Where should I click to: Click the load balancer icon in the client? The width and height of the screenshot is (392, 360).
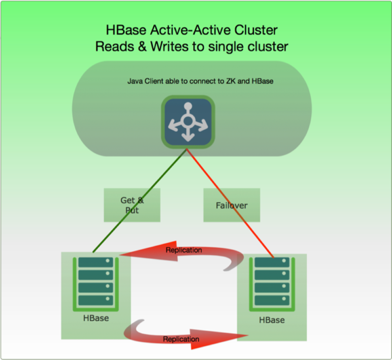pyautogui.click(x=188, y=122)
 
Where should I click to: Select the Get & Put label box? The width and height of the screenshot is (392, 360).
pyautogui.click(x=132, y=205)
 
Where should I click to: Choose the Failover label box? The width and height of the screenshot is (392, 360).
pyautogui.click(x=232, y=205)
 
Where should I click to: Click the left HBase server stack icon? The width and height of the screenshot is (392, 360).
pyautogui.click(x=95, y=281)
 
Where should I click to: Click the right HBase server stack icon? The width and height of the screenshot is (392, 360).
pyautogui.click(x=272, y=281)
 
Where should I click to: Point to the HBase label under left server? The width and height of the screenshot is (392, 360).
pyautogui.click(x=96, y=318)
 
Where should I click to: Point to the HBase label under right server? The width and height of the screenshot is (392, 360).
pyautogui.click(x=272, y=320)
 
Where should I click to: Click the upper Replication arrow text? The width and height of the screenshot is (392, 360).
pyautogui.click(x=184, y=250)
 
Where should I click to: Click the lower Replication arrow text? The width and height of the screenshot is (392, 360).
pyautogui.click(x=181, y=339)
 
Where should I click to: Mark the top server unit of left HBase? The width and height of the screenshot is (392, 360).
pyautogui.click(x=95, y=262)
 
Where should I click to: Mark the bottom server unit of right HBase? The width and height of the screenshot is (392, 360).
pyautogui.click(x=272, y=300)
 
